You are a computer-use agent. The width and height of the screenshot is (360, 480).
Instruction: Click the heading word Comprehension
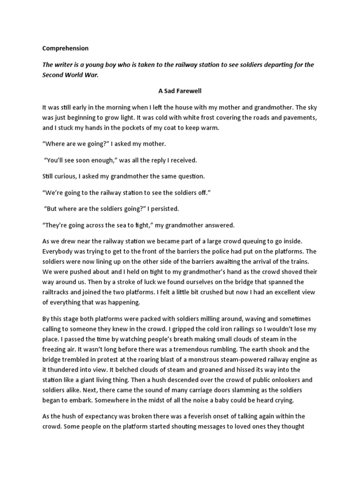(65, 48)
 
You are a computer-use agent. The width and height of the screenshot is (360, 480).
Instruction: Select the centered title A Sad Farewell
(180, 92)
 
